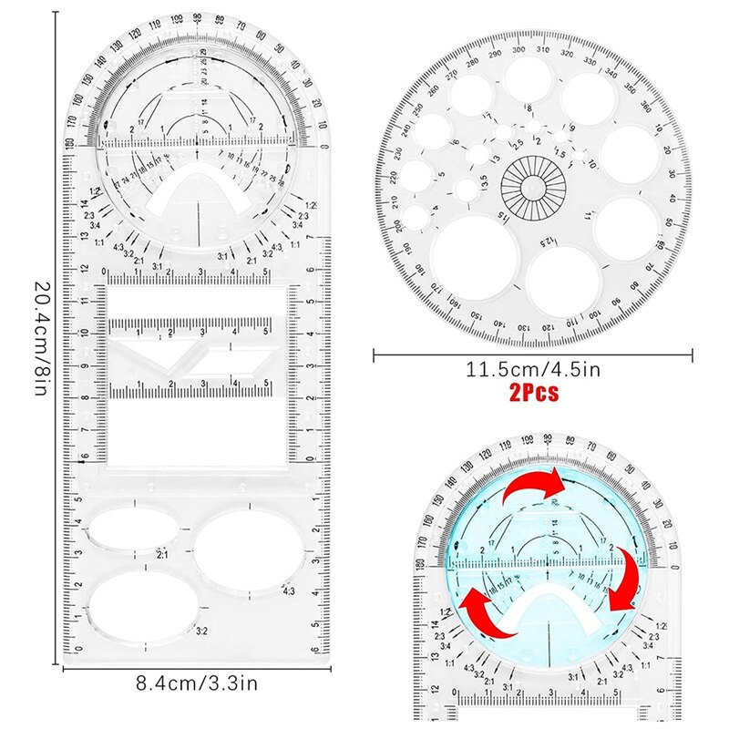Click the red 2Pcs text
click(533, 394)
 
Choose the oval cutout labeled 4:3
click(248, 549)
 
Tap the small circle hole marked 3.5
click(467, 190)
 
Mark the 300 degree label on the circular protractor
click(518, 49)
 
